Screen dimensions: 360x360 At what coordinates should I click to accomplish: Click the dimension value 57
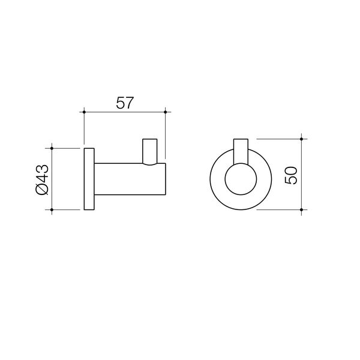tap(124, 103)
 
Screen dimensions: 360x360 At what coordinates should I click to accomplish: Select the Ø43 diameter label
tap(43, 179)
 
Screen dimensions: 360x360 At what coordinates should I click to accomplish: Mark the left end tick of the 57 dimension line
tap(85, 112)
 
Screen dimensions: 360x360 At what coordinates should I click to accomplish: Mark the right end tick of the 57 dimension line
tap(165, 112)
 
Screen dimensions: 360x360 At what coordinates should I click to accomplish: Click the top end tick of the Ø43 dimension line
tap(53, 148)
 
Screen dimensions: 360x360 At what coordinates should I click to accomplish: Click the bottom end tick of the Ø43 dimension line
tap(53, 209)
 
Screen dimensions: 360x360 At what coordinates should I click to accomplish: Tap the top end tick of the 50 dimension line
tap(302, 139)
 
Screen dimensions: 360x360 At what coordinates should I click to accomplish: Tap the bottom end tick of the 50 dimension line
tap(302, 209)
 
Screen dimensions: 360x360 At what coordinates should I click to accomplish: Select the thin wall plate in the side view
tap(89, 178)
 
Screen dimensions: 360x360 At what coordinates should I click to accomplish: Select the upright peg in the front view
tap(240, 150)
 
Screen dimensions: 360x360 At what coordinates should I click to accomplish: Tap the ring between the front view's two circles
tap(217, 180)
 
